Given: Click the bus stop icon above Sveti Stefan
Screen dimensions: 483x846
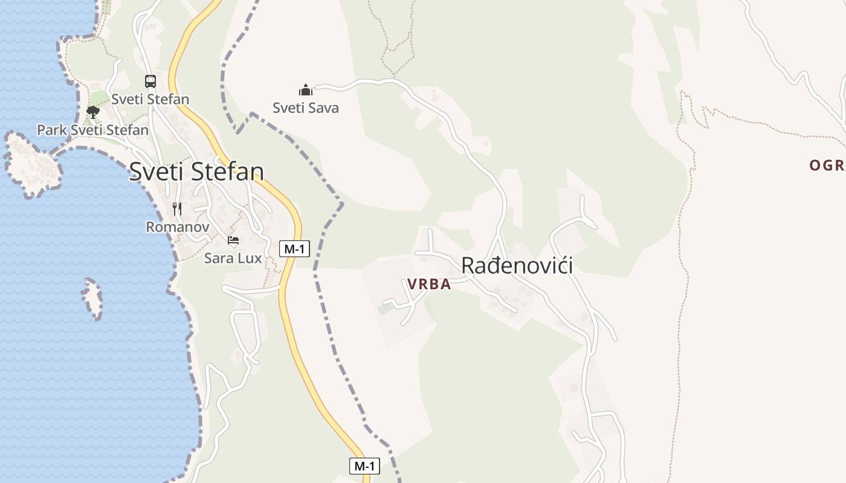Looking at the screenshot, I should pos(150,81).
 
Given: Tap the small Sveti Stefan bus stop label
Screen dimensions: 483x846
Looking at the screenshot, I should pos(150,99).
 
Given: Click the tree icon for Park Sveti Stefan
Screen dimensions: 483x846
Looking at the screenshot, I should pos(92,112).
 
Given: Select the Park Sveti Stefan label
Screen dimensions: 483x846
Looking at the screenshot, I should pos(92,130).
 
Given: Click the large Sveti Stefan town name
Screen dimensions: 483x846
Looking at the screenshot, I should pos(196,172).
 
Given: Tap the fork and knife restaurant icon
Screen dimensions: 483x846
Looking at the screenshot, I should pos(177,209).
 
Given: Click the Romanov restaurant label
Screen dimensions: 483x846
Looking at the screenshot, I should pos(178,227).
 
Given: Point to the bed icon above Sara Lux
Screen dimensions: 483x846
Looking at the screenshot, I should pos(233,240).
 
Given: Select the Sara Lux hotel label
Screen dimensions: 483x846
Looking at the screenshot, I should pos(233,258).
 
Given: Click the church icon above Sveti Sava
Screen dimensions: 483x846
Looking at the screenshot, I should pos(306,90).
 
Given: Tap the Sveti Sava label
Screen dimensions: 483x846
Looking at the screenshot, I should pos(306,108).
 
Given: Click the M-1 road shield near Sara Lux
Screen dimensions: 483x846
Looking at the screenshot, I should pos(294,248).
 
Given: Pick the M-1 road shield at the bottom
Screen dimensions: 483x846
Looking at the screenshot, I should pos(364,465).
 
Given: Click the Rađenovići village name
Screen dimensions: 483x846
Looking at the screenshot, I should pos(517,265).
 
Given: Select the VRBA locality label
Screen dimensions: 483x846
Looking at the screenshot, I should pos(429,284).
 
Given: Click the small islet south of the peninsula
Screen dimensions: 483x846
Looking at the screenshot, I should pos(92,298).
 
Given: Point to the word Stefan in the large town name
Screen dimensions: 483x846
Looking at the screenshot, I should pos(228,172).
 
